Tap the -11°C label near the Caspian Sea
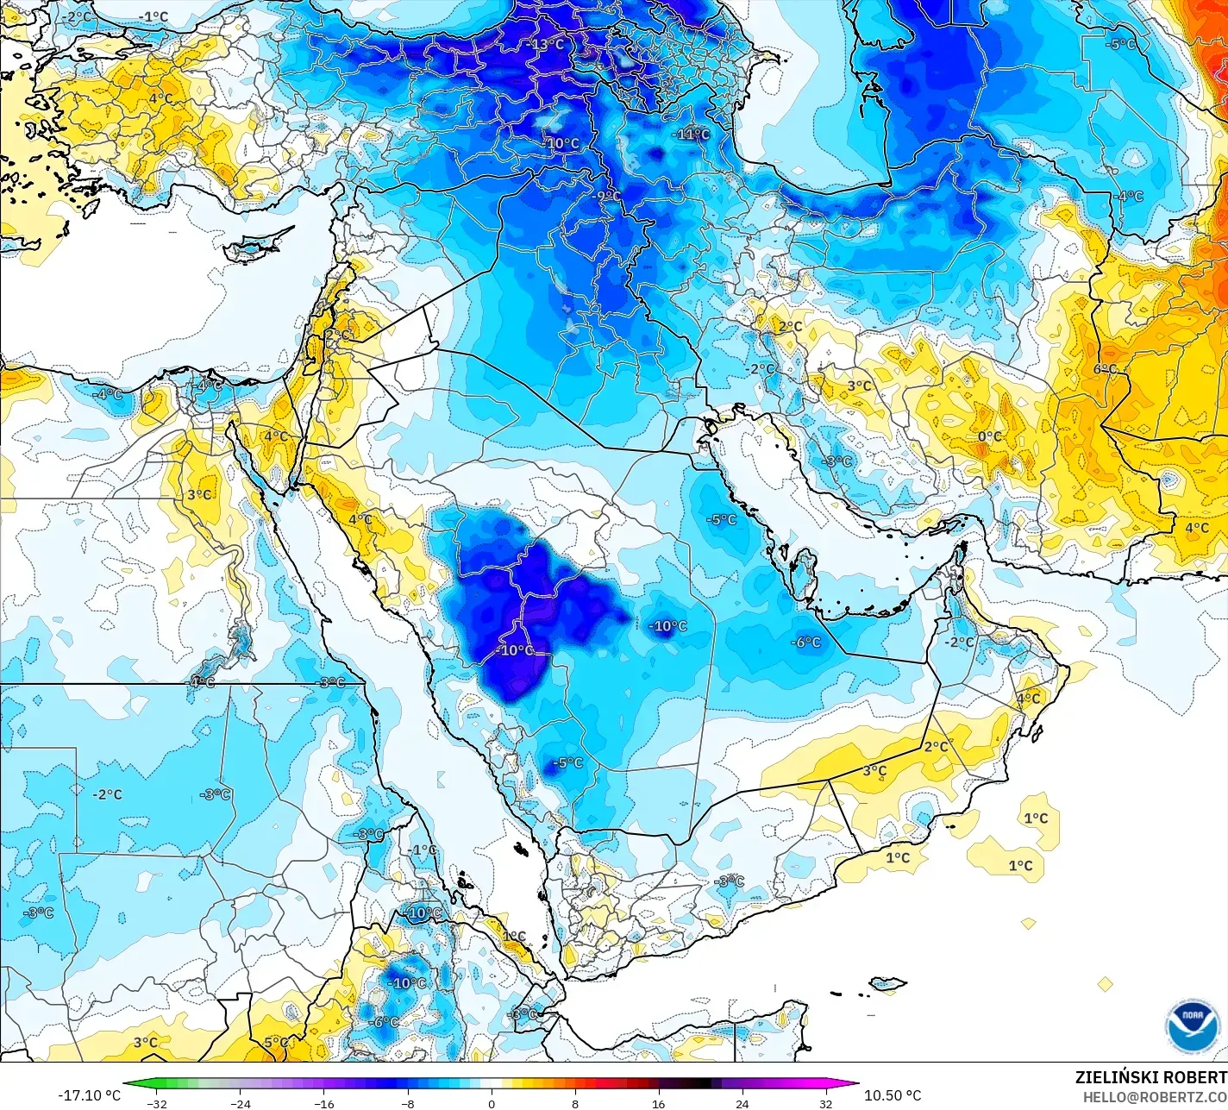[x=692, y=135]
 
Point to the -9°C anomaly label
[x=607, y=197]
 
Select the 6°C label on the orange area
[x=1106, y=369]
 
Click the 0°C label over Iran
[x=990, y=437]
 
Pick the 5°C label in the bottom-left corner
[x=276, y=1043]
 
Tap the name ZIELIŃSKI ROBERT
[x=1150, y=1077]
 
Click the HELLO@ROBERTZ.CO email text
[x=1155, y=1096]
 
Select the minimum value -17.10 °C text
[x=90, y=1095]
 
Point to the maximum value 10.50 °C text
[x=893, y=1095]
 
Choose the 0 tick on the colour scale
[x=492, y=1103]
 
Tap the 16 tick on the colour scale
[x=659, y=1103]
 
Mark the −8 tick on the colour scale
[x=408, y=1103]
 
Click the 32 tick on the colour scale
[x=826, y=1103]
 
